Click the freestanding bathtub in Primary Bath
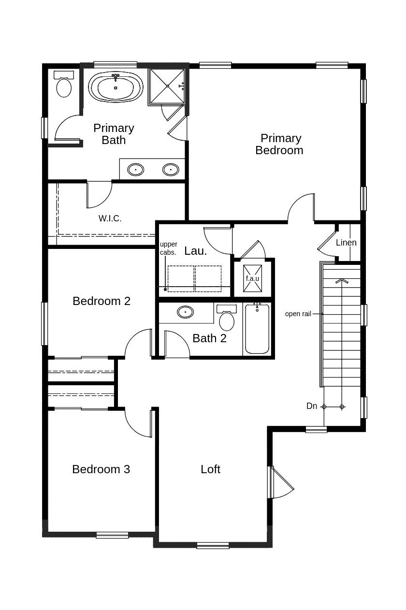point(116,87)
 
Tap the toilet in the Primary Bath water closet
point(64,86)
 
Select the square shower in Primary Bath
point(167,86)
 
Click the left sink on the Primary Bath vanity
point(135,170)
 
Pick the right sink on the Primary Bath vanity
point(171,170)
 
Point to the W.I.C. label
point(110,218)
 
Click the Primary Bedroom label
point(279,144)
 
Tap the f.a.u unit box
point(252,278)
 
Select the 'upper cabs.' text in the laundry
point(168,248)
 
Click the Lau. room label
point(195,251)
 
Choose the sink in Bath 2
point(185,312)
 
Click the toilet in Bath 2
point(226,319)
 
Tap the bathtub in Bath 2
point(257,330)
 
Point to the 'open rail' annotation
point(298,314)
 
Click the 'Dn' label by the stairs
point(312,406)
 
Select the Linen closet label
point(346,243)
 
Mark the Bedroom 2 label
point(101,301)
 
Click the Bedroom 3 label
point(101,469)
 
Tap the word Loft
point(210,469)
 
